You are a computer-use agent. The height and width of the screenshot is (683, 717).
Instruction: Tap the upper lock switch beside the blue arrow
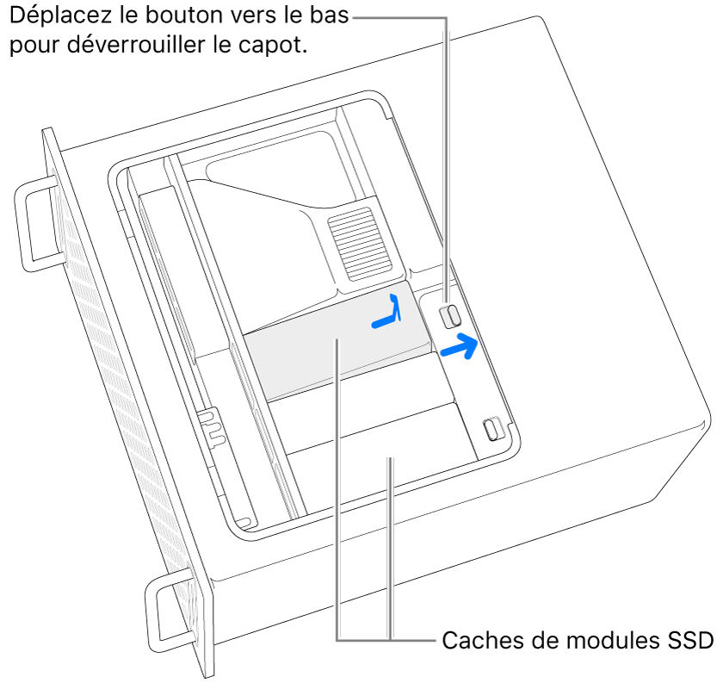click(450, 316)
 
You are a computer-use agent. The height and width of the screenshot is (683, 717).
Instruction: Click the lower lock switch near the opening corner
click(493, 427)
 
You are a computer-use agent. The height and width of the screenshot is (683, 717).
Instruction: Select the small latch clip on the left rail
click(212, 428)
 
